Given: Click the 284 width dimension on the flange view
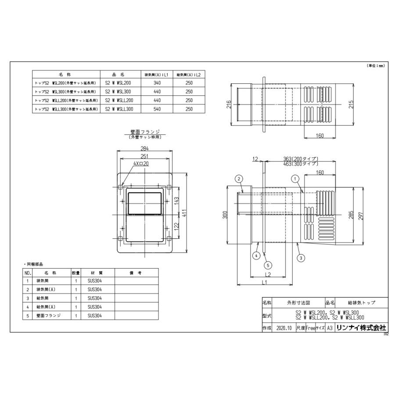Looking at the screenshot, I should [x=144, y=148].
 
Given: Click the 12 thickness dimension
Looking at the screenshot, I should [x=255, y=159].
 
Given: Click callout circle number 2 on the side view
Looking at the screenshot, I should [x=239, y=179].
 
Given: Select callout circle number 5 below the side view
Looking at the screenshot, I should [x=268, y=265].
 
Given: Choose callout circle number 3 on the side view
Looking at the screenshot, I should [x=301, y=258].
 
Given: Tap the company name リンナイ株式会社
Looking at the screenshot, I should [x=361, y=327].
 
